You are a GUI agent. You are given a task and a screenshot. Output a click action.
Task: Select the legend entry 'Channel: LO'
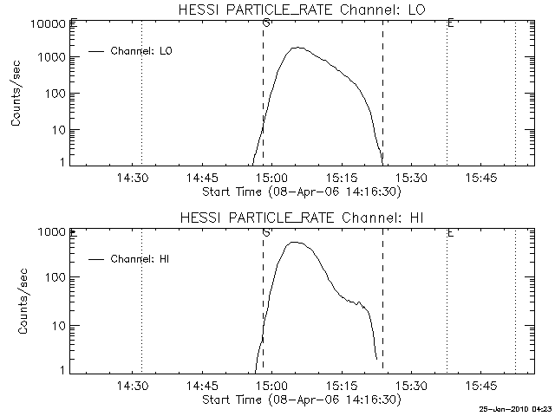pos(142,51)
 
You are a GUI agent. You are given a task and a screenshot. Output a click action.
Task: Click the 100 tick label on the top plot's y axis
pos(56,94)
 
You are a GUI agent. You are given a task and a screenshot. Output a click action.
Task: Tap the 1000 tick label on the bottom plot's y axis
pos(53,232)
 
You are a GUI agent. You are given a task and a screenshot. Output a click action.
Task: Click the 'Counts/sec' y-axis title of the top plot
pos(16,94)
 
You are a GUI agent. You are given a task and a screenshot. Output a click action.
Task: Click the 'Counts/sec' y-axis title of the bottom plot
pos(16,302)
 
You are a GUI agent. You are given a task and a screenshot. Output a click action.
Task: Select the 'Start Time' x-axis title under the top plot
pos(300,191)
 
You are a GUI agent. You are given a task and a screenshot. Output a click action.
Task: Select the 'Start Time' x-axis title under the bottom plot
pos(300,400)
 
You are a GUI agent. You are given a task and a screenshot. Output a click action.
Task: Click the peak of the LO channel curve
pos(297,48)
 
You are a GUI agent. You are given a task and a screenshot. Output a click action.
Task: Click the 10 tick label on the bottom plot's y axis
pos(59,326)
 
